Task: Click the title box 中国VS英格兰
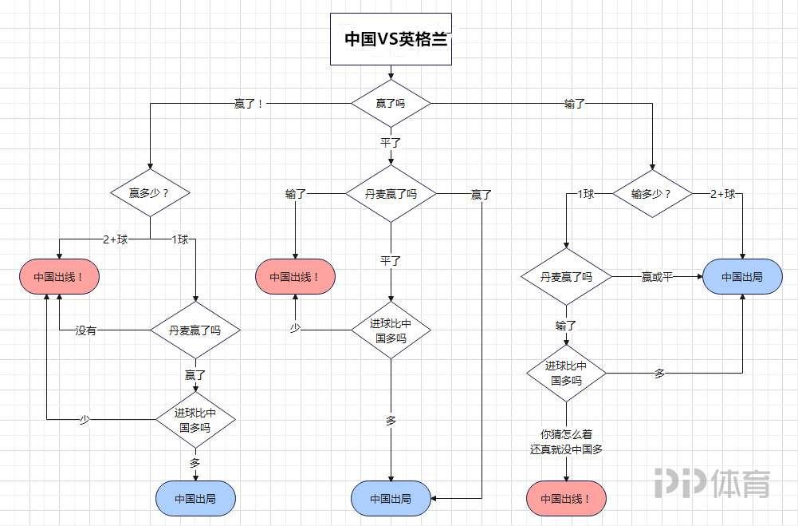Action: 391,38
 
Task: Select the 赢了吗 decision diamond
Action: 391,104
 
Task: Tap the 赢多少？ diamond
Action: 149,193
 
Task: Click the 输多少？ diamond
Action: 651,194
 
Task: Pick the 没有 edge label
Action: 86,330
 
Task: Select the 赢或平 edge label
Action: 657,277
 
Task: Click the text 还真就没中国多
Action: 566,449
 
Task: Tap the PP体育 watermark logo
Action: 712,482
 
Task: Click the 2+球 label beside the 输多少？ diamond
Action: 722,194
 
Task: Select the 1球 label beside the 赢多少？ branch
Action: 180,239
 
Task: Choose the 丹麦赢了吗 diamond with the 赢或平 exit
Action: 566,277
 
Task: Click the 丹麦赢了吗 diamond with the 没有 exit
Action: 195,330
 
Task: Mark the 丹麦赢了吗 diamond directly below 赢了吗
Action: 391,194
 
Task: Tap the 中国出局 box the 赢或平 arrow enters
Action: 742,277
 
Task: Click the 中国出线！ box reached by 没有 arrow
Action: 58,277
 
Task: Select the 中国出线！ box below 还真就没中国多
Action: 566,500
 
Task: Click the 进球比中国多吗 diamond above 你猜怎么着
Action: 566,373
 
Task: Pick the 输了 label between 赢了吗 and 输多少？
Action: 575,104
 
